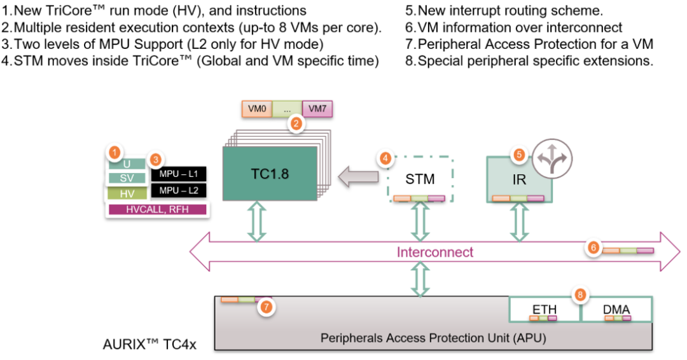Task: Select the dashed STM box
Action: [420, 179]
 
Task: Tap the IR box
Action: [518, 179]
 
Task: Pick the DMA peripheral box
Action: [616, 309]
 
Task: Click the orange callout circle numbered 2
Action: [295, 124]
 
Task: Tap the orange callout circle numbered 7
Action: [267, 307]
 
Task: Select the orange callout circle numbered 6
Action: [593, 248]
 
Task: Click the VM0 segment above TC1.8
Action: [257, 109]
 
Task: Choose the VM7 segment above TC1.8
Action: [317, 109]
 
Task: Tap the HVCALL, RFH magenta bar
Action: [158, 209]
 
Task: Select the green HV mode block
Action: [127, 194]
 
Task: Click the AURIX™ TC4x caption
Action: [150, 345]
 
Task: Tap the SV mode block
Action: [127, 178]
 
